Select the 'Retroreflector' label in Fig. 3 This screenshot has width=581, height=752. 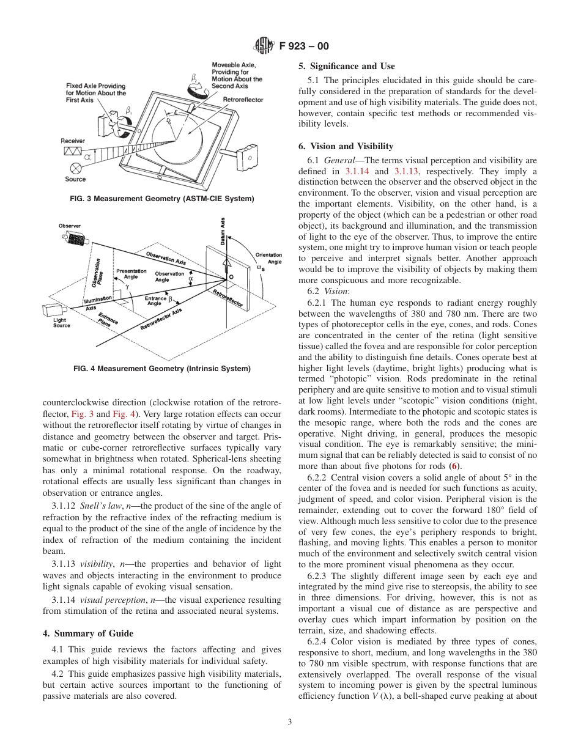[243, 99]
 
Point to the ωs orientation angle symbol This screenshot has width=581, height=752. [260, 268]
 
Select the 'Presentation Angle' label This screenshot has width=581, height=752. [131, 274]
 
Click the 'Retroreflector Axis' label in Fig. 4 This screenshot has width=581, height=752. [161, 319]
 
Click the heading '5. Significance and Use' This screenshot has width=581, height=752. [346, 66]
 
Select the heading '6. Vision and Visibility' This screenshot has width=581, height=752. [346, 146]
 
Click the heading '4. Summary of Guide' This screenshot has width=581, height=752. [87, 633]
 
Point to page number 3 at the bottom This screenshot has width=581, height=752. [290, 721]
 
